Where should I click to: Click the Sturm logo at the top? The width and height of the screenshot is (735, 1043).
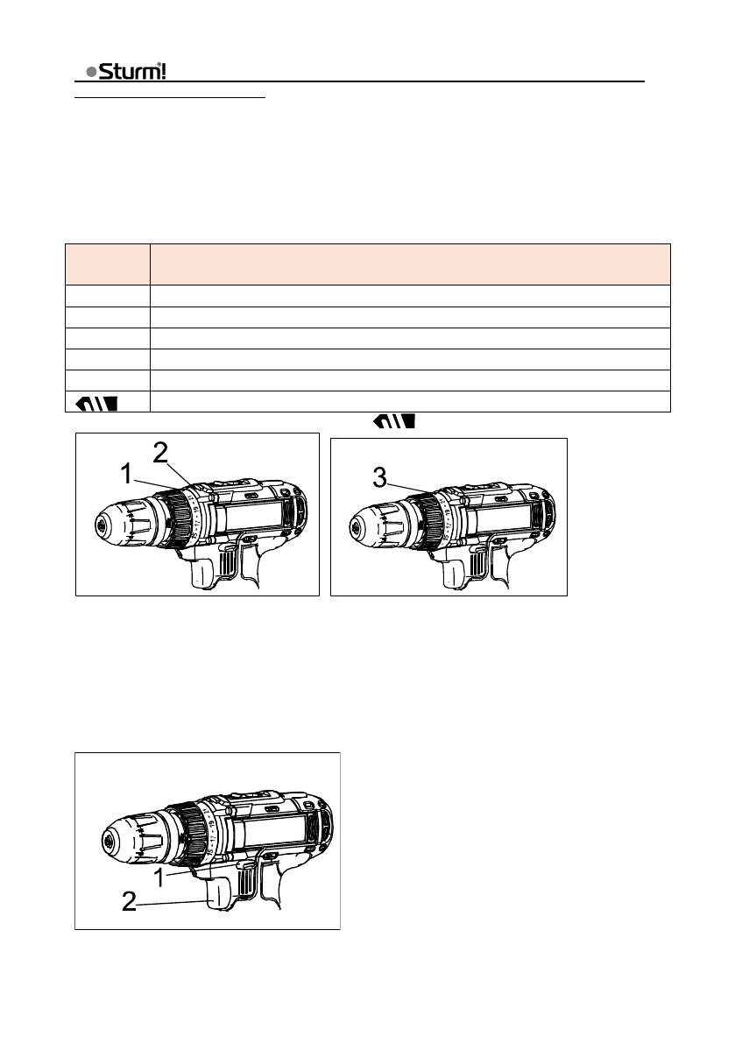coord(126,71)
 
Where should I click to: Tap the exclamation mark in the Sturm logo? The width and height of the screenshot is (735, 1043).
coord(163,71)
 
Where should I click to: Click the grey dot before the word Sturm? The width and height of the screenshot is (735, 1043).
coord(92,72)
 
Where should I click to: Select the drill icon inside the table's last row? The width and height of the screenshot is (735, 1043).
coord(97,403)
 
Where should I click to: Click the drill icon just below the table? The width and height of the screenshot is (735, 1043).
coord(394,420)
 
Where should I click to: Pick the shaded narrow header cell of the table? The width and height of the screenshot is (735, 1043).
coord(108,264)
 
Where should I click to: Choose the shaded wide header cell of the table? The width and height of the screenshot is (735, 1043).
coord(410,264)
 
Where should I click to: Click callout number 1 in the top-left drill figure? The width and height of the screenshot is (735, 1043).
coord(126,475)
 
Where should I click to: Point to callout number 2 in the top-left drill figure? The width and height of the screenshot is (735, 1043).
coord(160,453)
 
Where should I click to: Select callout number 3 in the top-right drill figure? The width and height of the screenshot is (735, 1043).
coord(379,477)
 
